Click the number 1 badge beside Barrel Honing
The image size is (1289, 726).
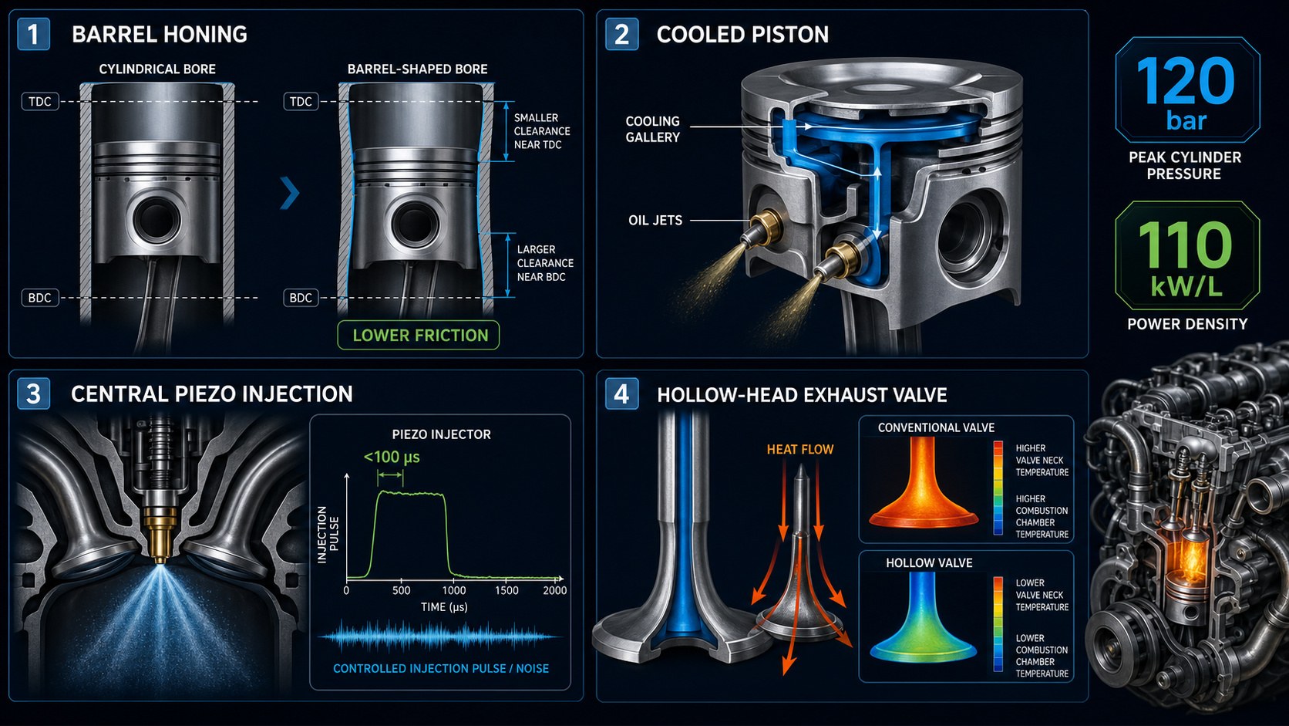[33, 34]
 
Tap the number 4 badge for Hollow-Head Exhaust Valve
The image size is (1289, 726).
[621, 393]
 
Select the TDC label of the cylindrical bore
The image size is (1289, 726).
[40, 102]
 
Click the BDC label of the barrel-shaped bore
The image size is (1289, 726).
[301, 298]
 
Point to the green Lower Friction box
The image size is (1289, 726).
[419, 335]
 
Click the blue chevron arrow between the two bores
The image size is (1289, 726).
[289, 193]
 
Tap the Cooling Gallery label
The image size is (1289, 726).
[652, 129]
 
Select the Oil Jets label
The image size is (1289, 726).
[655, 220]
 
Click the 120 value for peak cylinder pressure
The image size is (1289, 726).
[1186, 80]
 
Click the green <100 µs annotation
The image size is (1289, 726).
[392, 458]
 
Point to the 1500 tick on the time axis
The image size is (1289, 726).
[507, 590]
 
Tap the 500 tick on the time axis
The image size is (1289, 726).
[401, 590]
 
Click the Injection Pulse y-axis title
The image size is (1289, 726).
[328, 535]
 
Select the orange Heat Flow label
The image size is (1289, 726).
[800, 449]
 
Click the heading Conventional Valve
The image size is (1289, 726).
[936, 427]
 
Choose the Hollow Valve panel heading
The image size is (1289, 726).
[929, 562]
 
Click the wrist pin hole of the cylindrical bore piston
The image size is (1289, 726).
[156, 219]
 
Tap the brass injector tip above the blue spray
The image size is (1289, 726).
[160, 535]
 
